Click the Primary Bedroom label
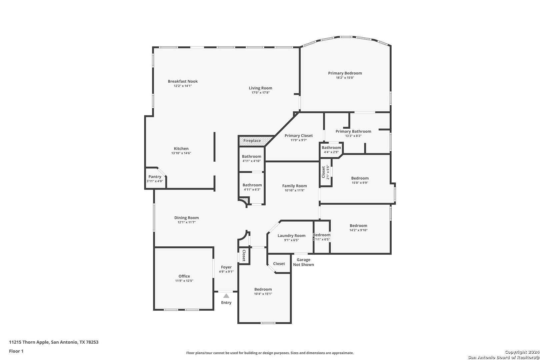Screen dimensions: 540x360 coord(345,73)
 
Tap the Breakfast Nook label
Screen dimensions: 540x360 coord(183,81)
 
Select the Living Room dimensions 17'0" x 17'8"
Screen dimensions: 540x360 coord(260,93)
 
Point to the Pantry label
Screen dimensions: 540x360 coord(155,177)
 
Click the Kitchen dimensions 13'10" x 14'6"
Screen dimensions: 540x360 coord(181,153)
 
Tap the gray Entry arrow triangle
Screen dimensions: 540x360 coord(226,296)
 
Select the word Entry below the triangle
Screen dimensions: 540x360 coord(226,303)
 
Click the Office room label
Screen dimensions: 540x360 coord(184,276)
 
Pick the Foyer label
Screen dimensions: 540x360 coord(226,267)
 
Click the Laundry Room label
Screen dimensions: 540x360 coord(291,236)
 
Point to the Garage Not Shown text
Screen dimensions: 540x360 coord(304,262)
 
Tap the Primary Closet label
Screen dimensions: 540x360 coord(299,136)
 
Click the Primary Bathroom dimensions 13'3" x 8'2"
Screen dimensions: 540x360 coord(353,136)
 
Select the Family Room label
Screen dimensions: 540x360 coord(295,186)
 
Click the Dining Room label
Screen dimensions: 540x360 coord(187,218)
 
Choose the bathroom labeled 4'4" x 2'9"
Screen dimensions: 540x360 coord(331,150)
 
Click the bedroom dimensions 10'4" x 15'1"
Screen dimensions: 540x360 coord(263,294)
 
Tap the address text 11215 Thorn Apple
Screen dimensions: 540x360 coord(29,342)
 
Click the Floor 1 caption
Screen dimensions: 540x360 coord(16,351)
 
